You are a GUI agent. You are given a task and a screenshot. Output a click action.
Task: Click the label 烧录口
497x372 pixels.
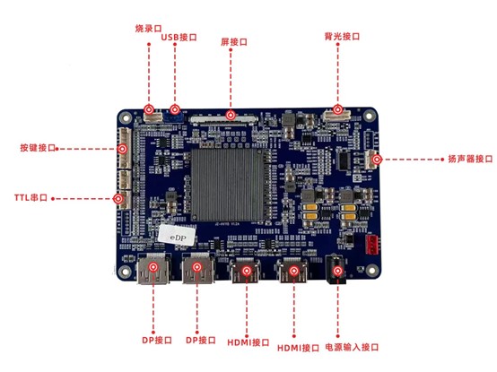pyautogui.click(x=148, y=29)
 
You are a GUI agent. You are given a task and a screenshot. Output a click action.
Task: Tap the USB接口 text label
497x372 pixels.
pyautogui.click(x=179, y=37)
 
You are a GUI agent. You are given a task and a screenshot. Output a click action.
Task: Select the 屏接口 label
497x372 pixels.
pyautogui.click(x=234, y=42)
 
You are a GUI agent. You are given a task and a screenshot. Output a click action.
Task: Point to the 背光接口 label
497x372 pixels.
pyautogui.click(x=342, y=36)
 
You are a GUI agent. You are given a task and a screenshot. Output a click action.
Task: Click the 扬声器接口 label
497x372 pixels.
pyautogui.click(x=470, y=159)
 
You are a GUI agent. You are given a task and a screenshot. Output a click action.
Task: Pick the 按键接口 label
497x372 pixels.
pyautogui.click(x=38, y=148)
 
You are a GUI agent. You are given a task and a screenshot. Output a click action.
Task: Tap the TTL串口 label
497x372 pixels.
pyautogui.click(x=31, y=197)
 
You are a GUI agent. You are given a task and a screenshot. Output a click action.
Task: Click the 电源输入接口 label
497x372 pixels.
pyautogui.click(x=352, y=347)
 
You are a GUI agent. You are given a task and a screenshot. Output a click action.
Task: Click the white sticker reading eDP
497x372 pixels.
pyautogui.click(x=177, y=235)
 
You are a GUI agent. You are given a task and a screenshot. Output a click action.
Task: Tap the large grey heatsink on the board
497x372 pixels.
pyautogui.click(x=228, y=185)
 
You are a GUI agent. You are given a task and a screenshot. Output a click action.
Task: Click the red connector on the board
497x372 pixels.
pyautogui.click(x=373, y=245)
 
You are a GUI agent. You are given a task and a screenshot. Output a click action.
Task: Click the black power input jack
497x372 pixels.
pyautogui.click(x=336, y=270)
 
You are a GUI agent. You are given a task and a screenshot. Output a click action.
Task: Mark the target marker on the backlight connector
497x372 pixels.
pyautogui.click(x=337, y=109)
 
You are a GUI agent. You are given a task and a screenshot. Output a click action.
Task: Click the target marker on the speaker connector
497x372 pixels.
pyautogui.click(x=377, y=160)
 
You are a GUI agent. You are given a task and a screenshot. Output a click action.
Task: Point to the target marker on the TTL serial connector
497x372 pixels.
pyautogui.click(x=118, y=199)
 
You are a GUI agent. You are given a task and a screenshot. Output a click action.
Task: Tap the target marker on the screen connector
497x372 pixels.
pyautogui.click(x=231, y=115)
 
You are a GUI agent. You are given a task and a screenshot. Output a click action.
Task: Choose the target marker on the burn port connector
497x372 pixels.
pyautogui.click(x=149, y=109)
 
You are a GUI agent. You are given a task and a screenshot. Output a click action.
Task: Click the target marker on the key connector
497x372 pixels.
pyautogui.click(x=122, y=149)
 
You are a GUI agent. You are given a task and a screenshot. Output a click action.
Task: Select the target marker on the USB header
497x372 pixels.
pyautogui.click(x=175, y=109)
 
